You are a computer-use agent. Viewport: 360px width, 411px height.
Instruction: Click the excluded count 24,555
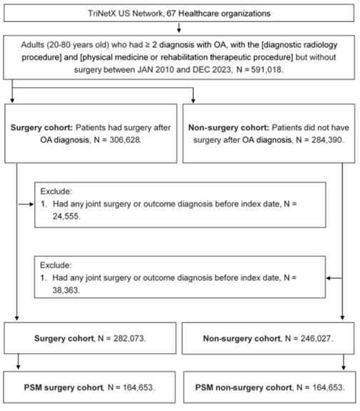tap(66, 216)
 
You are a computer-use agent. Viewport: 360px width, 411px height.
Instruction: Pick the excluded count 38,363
tap(66, 290)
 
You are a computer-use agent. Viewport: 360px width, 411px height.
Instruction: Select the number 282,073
tap(128, 338)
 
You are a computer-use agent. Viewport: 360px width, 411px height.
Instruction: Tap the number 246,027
tap(316, 338)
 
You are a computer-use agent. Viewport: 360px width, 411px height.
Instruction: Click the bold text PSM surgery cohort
tap(63, 387)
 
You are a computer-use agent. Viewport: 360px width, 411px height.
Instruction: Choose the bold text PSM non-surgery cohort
tap(244, 387)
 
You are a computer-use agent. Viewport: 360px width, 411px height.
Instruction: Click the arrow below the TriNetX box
tap(179, 28)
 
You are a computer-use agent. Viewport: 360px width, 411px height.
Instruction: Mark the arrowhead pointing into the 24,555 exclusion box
tap(32, 204)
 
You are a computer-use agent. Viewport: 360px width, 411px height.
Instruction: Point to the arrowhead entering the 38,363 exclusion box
tap(328, 278)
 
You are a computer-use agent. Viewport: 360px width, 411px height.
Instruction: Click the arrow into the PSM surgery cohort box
tap(18, 362)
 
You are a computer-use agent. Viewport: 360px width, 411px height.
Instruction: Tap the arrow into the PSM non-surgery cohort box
tap(344, 362)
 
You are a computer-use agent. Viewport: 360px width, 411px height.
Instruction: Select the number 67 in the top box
tap(171, 14)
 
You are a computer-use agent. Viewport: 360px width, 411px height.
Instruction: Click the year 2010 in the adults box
tap(165, 70)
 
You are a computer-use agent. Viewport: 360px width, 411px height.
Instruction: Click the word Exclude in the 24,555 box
tap(56, 191)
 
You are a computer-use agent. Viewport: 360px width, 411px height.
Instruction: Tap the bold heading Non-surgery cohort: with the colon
tap(229, 128)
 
